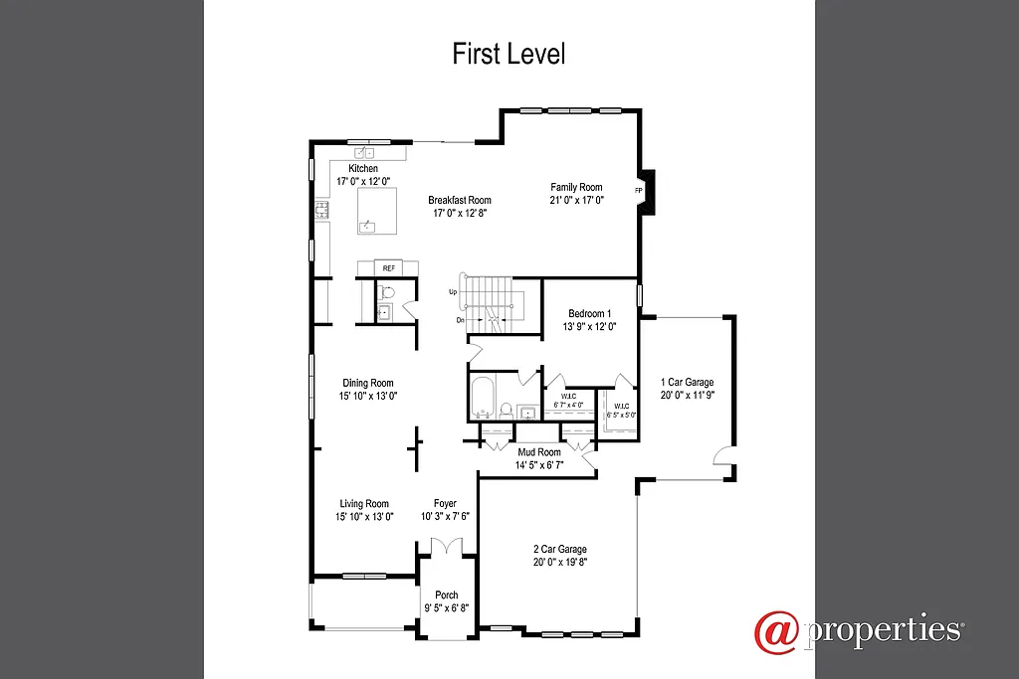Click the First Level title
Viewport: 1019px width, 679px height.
click(x=509, y=54)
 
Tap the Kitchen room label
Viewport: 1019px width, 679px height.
click(x=362, y=169)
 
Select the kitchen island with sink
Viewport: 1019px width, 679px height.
click(x=377, y=211)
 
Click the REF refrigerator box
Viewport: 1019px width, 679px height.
click(x=388, y=268)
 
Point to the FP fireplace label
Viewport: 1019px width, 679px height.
click(x=638, y=189)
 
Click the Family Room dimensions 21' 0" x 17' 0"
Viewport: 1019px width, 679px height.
click(x=577, y=200)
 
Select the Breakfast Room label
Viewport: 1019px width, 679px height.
click(x=460, y=200)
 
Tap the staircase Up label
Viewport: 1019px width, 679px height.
click(x=453, y=292)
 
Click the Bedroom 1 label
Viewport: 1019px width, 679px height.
click(x=589, y=314)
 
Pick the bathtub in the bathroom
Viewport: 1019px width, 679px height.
click(x=481, y=398)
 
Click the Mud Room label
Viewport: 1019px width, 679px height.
click(x=539, y=452)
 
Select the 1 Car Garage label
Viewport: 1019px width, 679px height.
click(x=687, y=382)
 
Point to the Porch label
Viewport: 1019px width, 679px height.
click(x=446, y=595)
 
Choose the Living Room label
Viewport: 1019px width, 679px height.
click(x=364, y=504)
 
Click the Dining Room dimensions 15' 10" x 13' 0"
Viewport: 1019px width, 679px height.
click(x=367, y=396)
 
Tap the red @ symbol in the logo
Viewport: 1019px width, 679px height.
click(x=777, y=632)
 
